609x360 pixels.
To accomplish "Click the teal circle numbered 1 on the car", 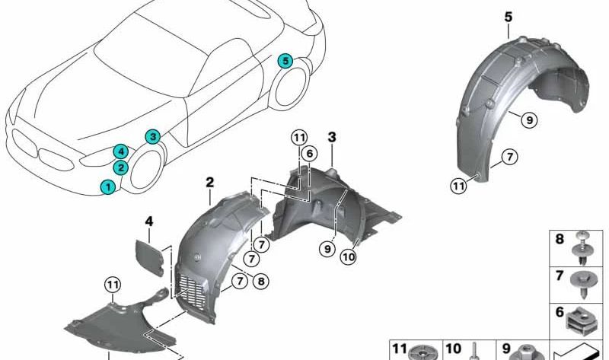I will (108, 186).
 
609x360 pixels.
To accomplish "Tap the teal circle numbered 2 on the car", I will (121, 167).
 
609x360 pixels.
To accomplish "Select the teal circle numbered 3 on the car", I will (153, 137).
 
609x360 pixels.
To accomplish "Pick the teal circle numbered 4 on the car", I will (121, 151).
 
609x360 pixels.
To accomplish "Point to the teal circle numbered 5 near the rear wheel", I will (285, 60).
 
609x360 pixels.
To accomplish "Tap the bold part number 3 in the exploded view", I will (332, 136).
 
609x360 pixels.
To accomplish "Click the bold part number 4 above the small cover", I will (150, 221).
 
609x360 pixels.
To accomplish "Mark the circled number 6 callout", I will (308, 154).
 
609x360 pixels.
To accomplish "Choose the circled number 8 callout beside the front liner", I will (261, 282).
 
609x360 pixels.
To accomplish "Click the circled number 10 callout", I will (349, 257).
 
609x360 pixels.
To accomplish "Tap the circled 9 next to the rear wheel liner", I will (525, 118).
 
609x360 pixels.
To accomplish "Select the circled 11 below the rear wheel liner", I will (458, 185).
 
